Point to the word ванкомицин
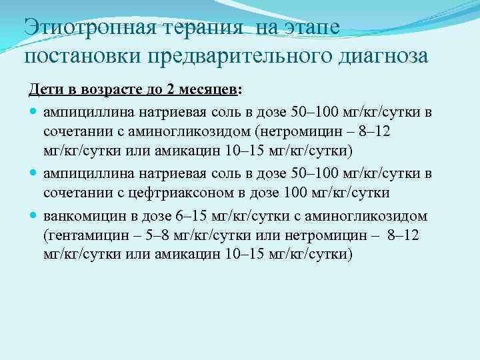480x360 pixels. [x=83, y=217]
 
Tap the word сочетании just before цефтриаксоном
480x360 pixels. [x=75, y=193]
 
